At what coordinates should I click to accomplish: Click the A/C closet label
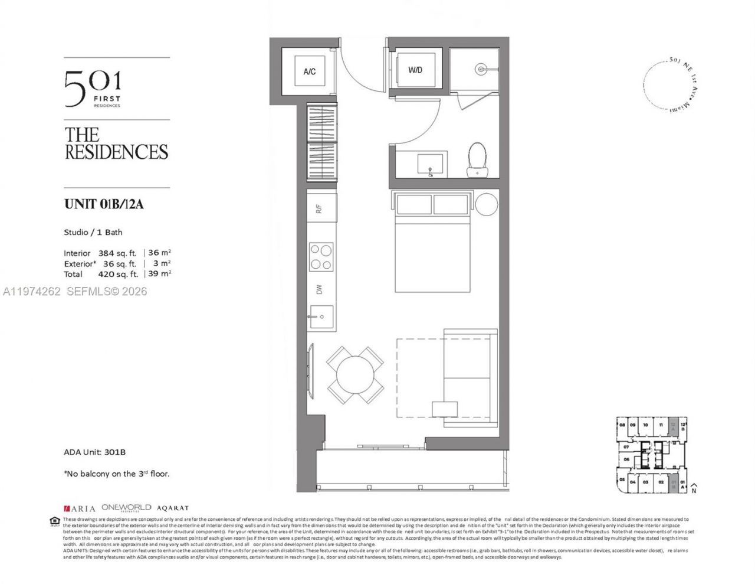pyautogui.click(x=310, y=71)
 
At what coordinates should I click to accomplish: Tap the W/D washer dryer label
pyautogui.click(x=415, y=70)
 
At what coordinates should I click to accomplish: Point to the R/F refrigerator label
pyautogui.click(x=319, y=208)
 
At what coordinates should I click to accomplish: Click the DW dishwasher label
pyautogui.click(x=319, y=289)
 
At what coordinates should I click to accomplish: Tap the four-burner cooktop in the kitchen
pyautogui.click(x=321, y=257)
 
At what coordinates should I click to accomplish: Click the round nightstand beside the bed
pyautogui.click(x=487, y=205)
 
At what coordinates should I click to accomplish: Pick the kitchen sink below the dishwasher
pyautogui.click(x=321, y=317)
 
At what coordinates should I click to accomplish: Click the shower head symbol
pyautogui.click(x=482, y=69)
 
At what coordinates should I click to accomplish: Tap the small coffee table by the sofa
pyautogui.click(x=444, y=409)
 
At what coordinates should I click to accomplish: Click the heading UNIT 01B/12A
pyautogui.click(x=104, y=205)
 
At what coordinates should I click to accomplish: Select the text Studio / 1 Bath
pyautogui.click(x=93, y=232)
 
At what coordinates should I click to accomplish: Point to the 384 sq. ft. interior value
pyautogui.click(x=117, y=253)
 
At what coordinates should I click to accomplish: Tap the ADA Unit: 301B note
pyautogui.click(x=94, y=452)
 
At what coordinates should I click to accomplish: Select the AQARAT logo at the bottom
pyautogui.click(x=172, y=508)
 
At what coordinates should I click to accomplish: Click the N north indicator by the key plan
pyautogui.click(x=695, y=490)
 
